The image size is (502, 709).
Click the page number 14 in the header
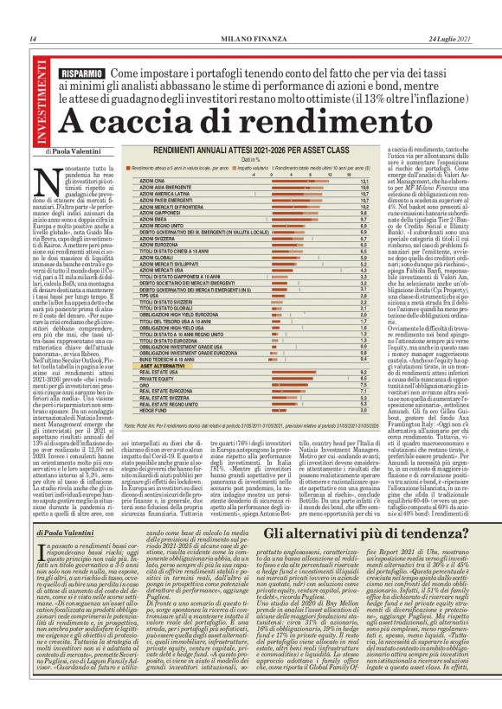(x=32, y=39)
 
